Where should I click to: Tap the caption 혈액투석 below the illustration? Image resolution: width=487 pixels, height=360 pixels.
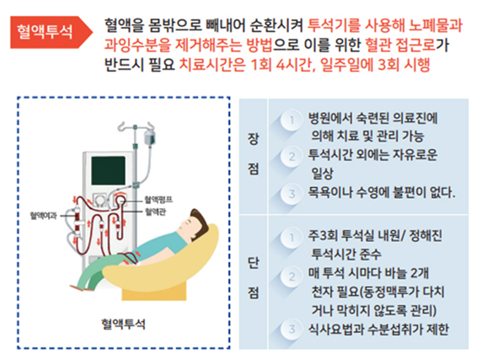click(123, 324)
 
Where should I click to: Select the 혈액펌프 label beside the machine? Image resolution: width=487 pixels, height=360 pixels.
click(158, 200)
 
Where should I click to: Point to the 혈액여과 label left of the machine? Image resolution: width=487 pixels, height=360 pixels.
click(43, 216)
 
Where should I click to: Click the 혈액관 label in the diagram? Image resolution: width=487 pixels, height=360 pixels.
click(155, 212)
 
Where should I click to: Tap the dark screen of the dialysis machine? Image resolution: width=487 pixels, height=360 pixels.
click(109, 170)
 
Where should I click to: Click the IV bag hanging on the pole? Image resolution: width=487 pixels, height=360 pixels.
click(149, 137)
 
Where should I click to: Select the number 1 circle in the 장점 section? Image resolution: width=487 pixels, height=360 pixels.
click(292, 120)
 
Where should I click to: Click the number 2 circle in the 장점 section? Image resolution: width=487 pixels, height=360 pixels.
click(292, 157)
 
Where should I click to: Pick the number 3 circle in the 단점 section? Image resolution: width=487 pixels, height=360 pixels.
click(292, 329)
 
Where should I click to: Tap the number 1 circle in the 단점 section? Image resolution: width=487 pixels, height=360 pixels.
click(292, 238)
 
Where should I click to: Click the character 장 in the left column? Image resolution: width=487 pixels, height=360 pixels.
click(253, 138)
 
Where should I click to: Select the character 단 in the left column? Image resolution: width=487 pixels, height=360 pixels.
click(253, 263)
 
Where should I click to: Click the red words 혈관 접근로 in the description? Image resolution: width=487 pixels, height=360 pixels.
click(400, 45)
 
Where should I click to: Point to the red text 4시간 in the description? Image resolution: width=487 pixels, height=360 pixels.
click(293, 65)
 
